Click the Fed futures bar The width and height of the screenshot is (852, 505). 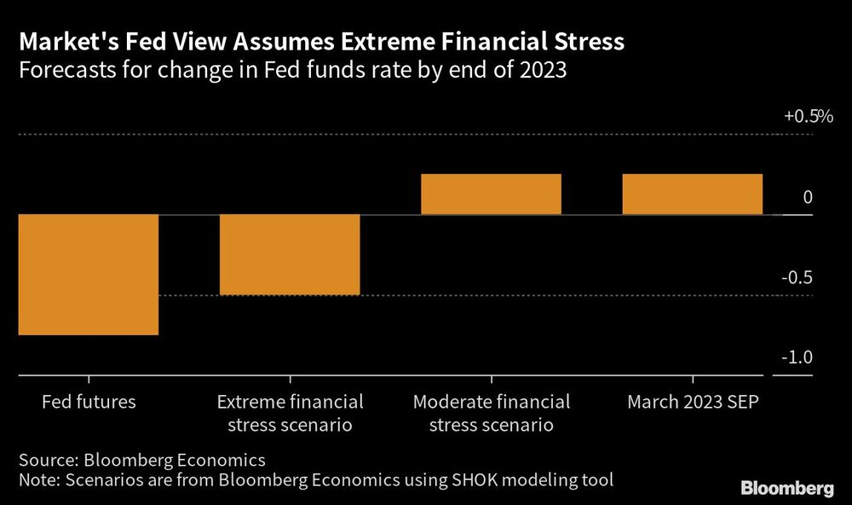(89, 274)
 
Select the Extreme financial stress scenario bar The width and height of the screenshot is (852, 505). (290, 254)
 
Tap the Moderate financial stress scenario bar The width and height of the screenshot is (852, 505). (492, 194)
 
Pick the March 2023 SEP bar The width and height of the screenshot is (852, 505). (693, 194)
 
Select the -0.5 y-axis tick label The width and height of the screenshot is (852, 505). (798, 278)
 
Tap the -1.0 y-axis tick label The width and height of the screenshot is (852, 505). (798, 358)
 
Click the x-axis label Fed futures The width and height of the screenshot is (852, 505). (89, 402)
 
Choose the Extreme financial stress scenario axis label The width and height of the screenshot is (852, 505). (290, 413)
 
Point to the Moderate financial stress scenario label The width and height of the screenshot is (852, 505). (492, 413)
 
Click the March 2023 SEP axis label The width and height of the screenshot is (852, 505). (693, 402)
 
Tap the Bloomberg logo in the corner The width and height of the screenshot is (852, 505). (787, 489)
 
